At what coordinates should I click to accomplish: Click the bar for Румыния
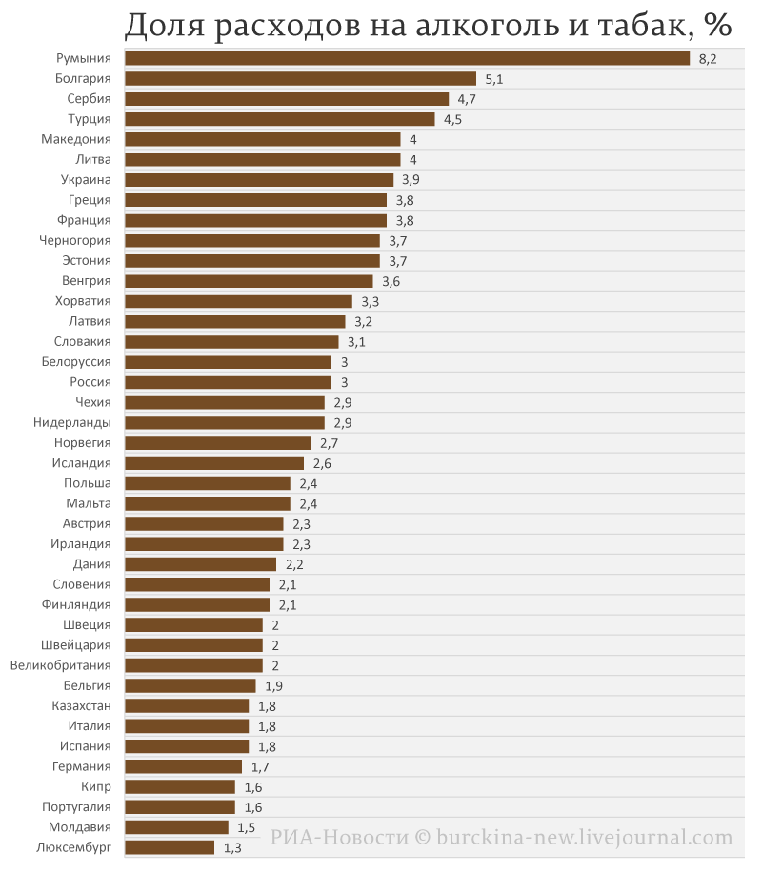[408, 58]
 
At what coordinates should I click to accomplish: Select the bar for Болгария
[301, 79]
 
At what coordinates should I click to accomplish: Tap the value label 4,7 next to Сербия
[467, 99]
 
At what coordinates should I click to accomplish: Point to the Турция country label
[90, 119]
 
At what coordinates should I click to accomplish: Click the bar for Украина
[259, 180]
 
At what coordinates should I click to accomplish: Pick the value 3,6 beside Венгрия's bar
[391, 281]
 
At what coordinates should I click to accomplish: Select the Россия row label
[90, 382]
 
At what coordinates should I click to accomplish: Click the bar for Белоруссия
[229, 362]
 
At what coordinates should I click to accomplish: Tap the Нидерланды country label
[72, 422]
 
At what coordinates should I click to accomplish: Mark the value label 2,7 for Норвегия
[330, 443]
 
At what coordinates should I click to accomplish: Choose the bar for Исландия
[214, 463]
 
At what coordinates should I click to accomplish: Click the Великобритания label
[61, 665]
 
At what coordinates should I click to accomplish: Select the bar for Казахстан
[187, 706]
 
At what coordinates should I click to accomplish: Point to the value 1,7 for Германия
[260, 767]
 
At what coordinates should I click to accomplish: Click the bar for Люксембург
[170, 847]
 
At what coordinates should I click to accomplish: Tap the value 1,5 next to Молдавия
[247, 827]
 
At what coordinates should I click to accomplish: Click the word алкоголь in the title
[488, 25]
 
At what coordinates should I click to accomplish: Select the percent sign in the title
[718, 24]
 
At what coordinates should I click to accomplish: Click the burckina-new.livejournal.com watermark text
[585, 837]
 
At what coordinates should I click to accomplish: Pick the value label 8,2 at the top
[708, 59]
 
